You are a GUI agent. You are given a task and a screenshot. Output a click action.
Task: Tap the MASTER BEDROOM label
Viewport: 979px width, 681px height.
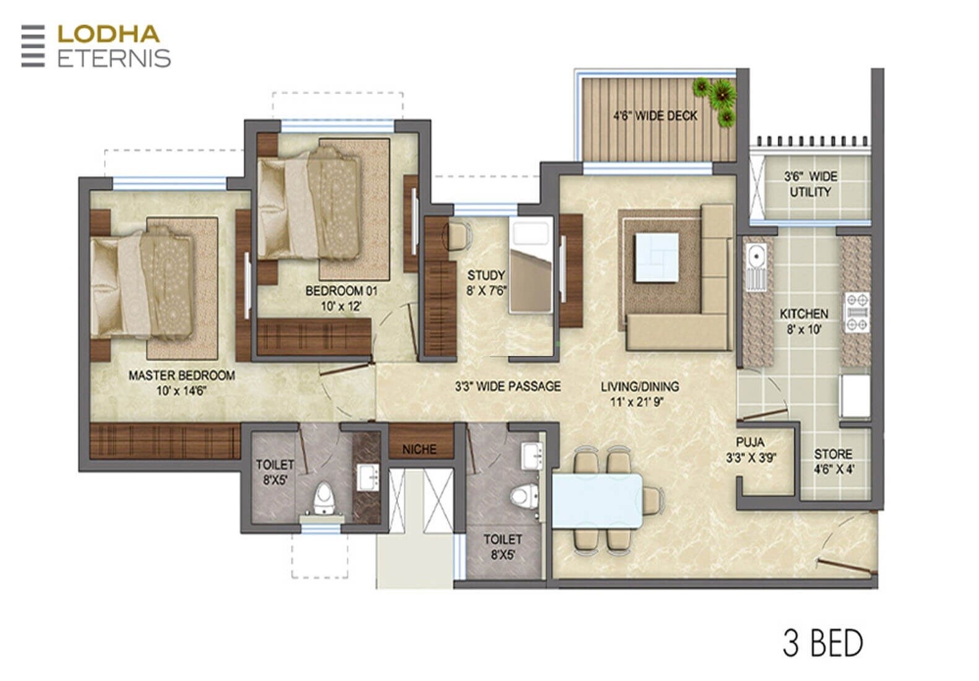[181, 383]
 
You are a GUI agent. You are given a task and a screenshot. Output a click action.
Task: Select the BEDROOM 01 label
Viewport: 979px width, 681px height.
[341, 298]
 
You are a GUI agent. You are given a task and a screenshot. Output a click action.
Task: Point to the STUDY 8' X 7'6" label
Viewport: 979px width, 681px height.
[486, 283]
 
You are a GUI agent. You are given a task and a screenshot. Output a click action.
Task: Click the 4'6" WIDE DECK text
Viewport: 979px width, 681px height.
[655, 116]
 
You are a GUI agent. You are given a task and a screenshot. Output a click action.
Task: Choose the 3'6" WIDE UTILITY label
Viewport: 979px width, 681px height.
[810, 184]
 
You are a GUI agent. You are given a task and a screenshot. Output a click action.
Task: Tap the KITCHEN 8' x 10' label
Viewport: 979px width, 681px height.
[803, 321]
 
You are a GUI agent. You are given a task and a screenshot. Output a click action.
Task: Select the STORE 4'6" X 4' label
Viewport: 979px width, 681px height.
[833, 461]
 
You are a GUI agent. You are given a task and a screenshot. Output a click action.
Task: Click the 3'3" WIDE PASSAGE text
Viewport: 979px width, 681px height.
[507, 386]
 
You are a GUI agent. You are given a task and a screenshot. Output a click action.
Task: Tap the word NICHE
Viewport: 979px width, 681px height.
[419, 449]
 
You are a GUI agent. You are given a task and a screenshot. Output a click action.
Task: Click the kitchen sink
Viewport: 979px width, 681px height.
[756, 266]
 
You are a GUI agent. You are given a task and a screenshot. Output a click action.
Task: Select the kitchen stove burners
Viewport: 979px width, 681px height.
[857, 313]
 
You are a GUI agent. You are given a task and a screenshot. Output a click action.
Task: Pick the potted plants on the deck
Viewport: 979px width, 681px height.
[718, 98]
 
